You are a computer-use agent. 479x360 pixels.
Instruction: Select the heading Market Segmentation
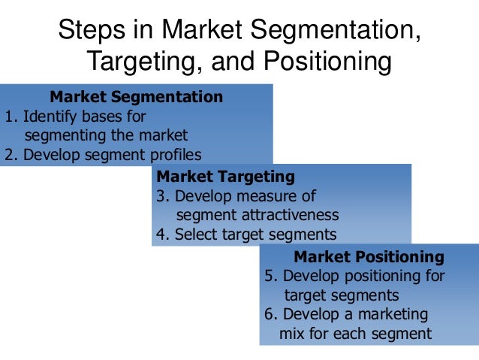point(136,97)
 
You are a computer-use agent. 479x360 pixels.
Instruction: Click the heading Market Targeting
point(225,177)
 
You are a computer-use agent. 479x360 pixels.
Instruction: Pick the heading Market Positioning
point(369,257)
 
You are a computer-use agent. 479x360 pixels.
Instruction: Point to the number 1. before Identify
point(11,116)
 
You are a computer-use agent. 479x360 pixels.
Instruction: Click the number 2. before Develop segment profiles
point(11,155)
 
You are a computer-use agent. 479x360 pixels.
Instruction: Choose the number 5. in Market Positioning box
point(271,276)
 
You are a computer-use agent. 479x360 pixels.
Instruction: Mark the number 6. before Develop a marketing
point(271,313)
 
